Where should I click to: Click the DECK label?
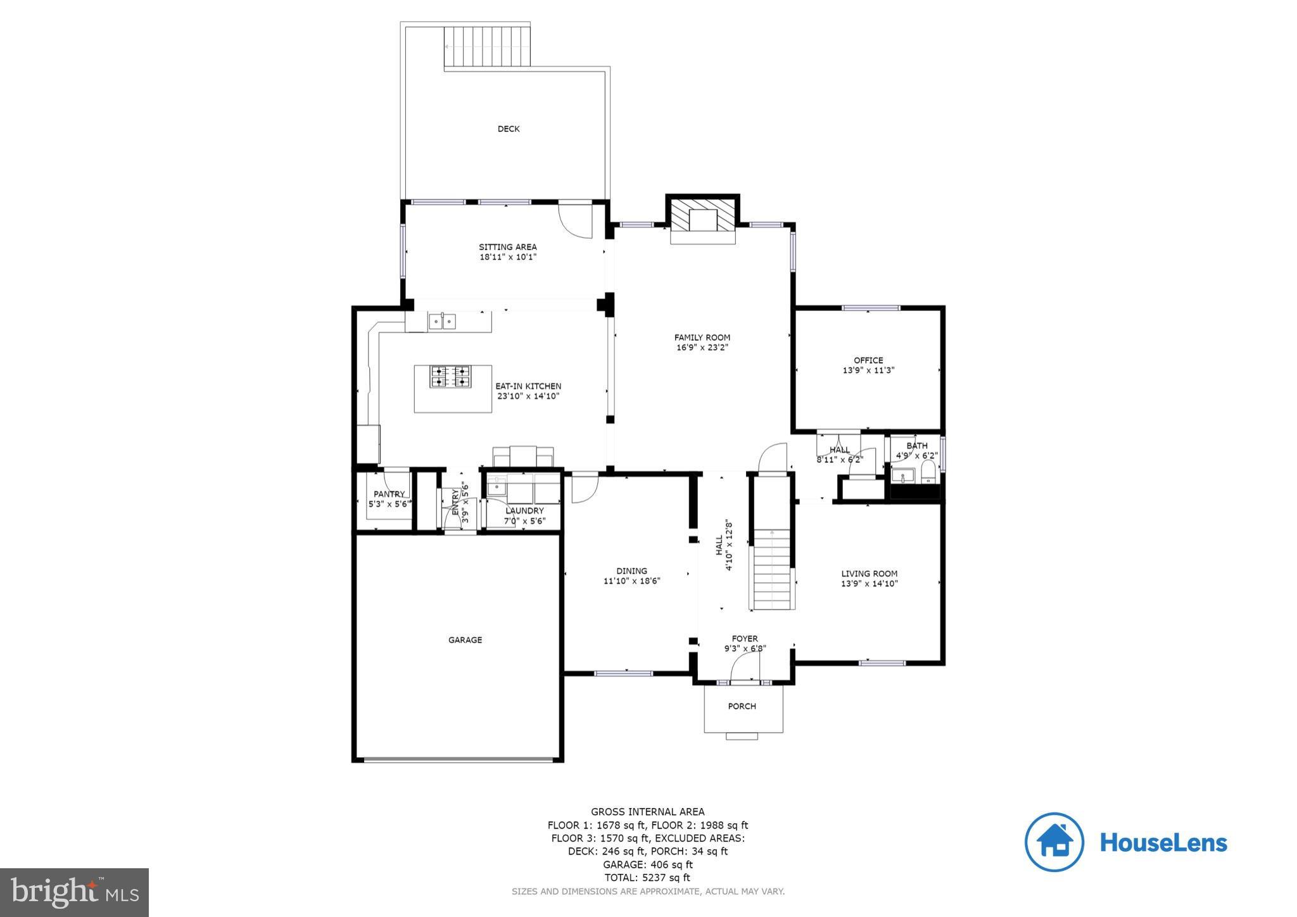(x=508, y=129)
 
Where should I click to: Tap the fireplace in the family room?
(x=702, y=221)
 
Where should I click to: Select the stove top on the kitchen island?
(x=451, y=376)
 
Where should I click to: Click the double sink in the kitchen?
(x=442, y=322)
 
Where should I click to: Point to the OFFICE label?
(x=868, y=360)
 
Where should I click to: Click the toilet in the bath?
(x=928, y=472)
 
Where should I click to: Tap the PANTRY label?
(x=389, y=494)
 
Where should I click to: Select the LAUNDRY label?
(x=524, y=510)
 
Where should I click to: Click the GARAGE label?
(x=465, y=640)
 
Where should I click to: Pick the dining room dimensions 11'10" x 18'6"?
(x=632, y=581)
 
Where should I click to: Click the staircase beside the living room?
(x=772, y=570)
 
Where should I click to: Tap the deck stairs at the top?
(x=486, y=47)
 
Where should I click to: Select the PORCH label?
(x=742, y=706)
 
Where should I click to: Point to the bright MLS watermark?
(x=74, y=892)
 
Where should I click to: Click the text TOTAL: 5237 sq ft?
(x=647, y=878)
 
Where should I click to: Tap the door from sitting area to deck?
(x=575, y=220)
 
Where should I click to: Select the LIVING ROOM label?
(x=869, y=574)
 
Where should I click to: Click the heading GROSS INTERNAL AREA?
(x=647, y=811)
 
